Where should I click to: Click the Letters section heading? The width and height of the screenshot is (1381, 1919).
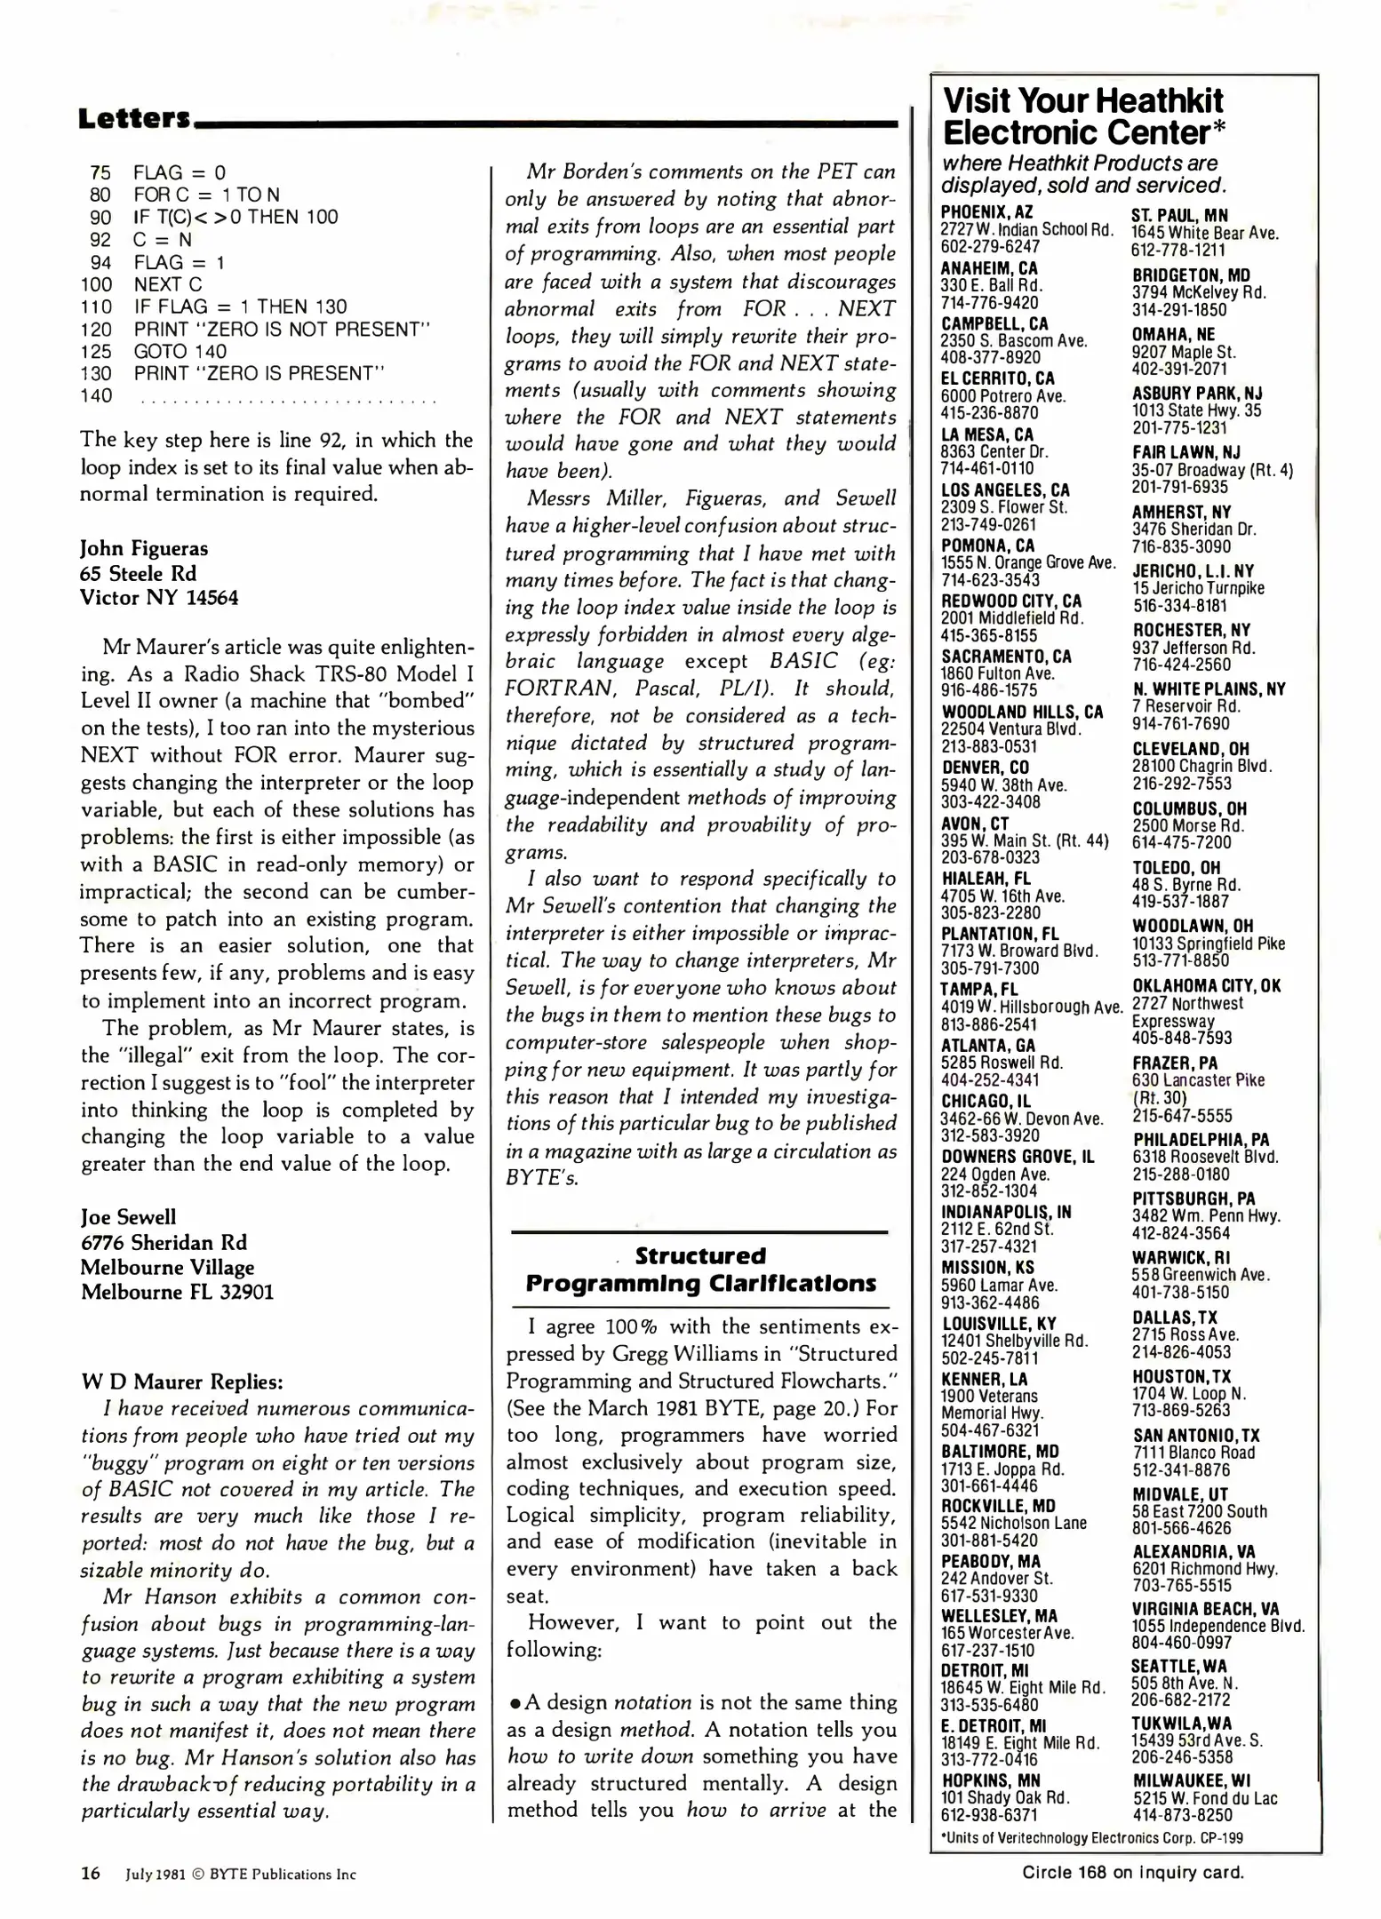coord(133,118)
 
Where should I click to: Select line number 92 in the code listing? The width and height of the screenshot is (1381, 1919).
coord(100,240)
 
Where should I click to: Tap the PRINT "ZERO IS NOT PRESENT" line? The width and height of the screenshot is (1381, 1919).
coord(281,330)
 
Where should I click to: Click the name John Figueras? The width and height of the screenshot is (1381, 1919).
coord(144,548)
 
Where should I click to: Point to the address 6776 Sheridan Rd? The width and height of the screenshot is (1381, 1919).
coord(164,1242)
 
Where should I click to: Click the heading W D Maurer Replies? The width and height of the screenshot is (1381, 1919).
coord(182,1382)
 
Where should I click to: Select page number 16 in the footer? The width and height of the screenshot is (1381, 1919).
coord(91,1874)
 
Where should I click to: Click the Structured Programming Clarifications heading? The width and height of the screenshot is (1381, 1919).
coord(700,1270)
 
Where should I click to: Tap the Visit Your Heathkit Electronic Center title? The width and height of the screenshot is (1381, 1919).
coord(1082,116)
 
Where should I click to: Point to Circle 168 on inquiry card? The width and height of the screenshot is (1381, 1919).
coord(1132,1872)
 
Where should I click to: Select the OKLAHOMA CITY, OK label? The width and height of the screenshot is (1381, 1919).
coord(1206,985)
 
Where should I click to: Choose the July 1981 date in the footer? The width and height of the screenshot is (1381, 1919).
coord(156,1875)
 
